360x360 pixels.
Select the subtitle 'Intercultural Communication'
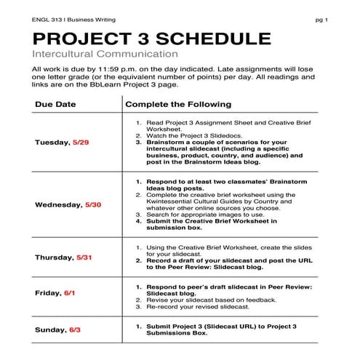(x=105, y=55)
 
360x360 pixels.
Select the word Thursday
(x=55, y=257)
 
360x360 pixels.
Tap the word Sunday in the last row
(x=50, y=330)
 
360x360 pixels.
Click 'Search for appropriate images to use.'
(x=210, y=215)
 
